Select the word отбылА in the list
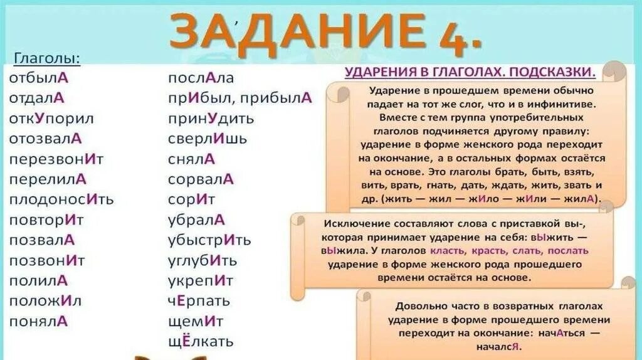tap(39, 78)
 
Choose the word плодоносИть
tap(61, 199)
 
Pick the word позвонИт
tap(47, 260)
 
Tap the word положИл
tap(45, 300)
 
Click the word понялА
tap(38, 321)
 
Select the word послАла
tap(201, 78)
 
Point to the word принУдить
tap(211, 119)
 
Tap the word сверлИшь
tap(208, 139)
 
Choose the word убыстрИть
tap(209, 240)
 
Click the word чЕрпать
tap(199, 301)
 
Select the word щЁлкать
tap(201, 342)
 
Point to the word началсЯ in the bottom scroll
tap(499, 347)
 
